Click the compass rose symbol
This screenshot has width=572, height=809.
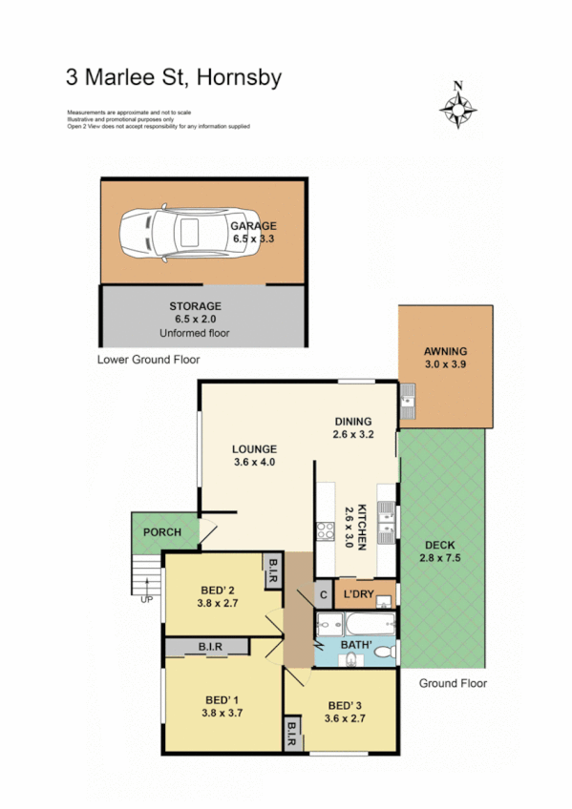point(458,107)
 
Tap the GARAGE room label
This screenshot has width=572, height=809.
point(253,226)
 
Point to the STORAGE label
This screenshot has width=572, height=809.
point(194,306)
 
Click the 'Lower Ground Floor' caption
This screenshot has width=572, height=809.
point(148,361)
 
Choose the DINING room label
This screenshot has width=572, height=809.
point(352,422)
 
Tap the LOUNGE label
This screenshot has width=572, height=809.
point(254,448)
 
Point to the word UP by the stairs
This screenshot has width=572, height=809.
point(146,599)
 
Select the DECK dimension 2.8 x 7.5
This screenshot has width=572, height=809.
point(440,558)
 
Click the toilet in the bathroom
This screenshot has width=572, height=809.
point(384,652)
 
